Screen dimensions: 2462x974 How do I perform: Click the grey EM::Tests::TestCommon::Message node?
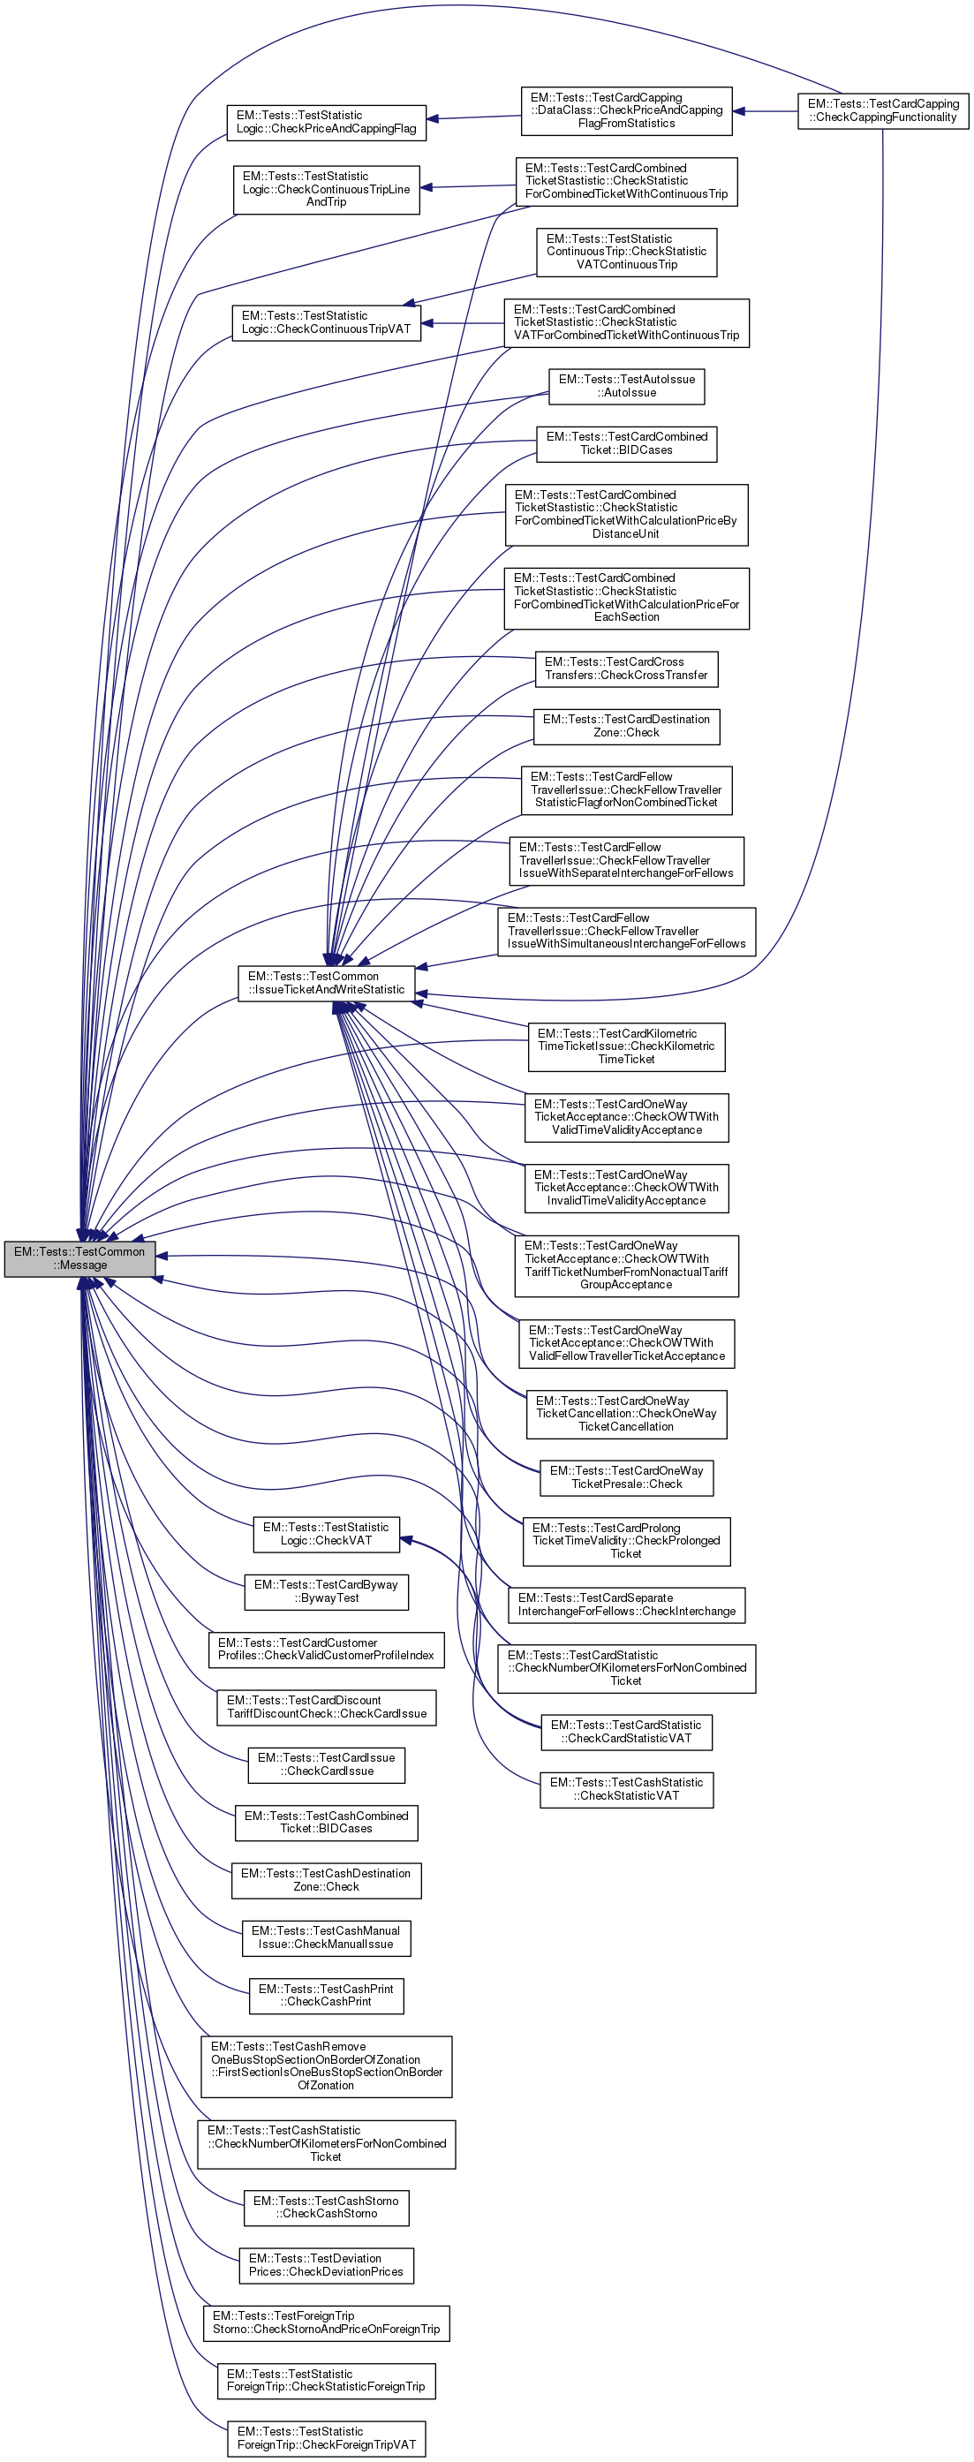[x=79, y=1257]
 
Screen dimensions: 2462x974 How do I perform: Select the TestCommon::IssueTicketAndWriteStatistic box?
[x=326, y=983]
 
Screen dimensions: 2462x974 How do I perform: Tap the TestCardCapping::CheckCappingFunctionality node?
[x=882, y=111]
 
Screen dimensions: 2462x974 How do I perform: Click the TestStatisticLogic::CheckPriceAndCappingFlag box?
[x=326, y=123]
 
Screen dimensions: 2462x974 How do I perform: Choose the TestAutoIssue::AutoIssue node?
[x=626, y=386]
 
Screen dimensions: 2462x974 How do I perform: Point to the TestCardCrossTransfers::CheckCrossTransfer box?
[x=626, y=669]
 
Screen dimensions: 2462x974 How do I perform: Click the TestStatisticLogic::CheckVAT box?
[x=326, y=1534]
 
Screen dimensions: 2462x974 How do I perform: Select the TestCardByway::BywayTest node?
[x=326, y=1591]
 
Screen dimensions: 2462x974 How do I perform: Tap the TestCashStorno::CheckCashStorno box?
[x=326, y=2207]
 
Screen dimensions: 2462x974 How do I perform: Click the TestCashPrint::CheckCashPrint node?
[x=326, y=1996]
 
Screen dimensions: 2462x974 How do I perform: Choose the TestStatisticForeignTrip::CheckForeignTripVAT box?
[x=326, y=2438]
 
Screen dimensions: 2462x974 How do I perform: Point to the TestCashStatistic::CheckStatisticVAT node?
[x=626, y=1789]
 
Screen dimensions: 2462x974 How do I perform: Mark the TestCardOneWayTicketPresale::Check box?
[x=626, y=1477]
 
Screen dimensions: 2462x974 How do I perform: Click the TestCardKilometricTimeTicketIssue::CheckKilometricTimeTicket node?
[x=626, y=1046]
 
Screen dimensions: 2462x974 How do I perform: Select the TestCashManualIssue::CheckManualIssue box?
[x=326, y=1937]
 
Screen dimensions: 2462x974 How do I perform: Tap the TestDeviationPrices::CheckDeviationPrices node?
[x=326, y=2265]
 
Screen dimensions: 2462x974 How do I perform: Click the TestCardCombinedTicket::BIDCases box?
[x=626, y=443]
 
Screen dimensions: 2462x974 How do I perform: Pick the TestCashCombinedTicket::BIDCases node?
[x=326, y=1823]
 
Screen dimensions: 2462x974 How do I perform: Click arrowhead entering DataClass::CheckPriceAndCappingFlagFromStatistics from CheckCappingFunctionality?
[x=740, y=111]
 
